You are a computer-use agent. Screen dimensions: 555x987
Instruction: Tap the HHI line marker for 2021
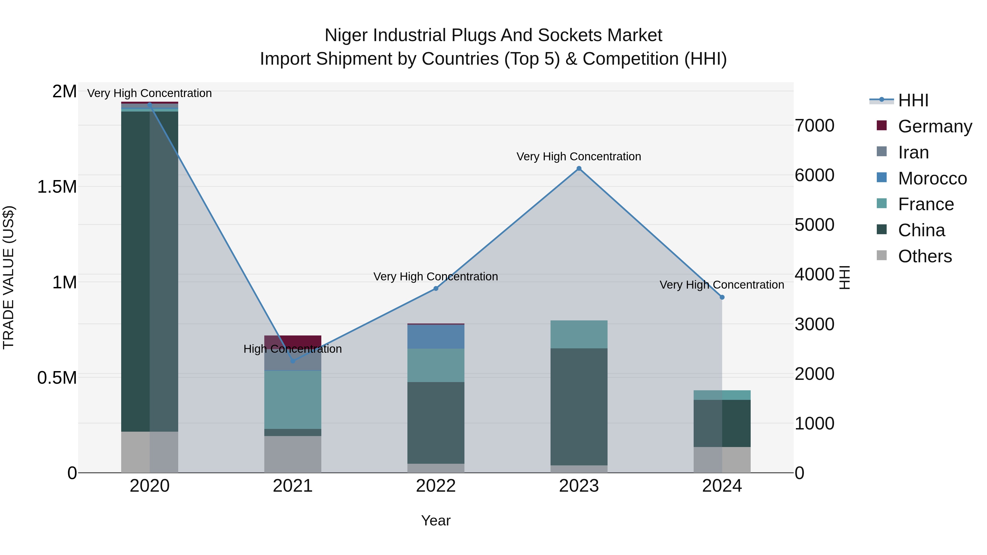[293, 361]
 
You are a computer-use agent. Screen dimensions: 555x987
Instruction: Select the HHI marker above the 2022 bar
[436, 288]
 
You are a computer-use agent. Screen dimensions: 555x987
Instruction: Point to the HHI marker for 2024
[722, 297]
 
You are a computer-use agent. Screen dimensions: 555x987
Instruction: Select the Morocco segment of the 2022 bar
[436, 337]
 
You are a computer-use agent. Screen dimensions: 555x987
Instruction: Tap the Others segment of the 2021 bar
[293, 454]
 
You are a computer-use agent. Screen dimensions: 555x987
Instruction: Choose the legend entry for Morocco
[932, 178]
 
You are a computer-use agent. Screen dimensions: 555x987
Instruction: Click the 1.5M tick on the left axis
[57, 187]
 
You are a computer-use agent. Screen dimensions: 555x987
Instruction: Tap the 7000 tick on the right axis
[814, 126]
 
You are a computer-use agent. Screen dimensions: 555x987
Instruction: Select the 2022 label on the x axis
[436, 486]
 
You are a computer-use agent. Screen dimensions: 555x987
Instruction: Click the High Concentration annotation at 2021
[293, 349]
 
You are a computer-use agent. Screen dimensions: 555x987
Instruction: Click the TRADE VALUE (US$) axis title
[8, 277]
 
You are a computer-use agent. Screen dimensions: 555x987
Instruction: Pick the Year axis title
[436, 520]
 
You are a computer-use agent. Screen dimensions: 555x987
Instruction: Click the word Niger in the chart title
[346, 35]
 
